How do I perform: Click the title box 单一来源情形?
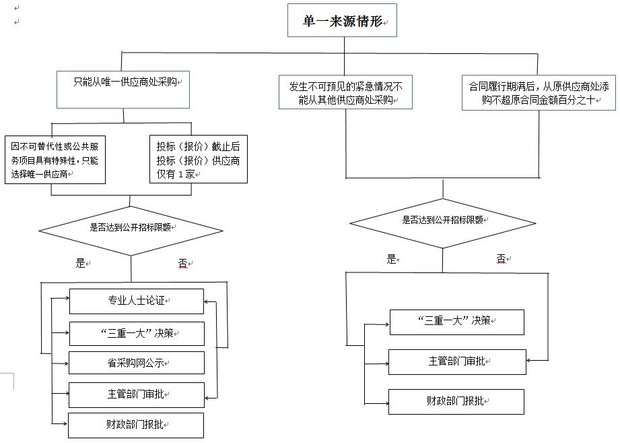[342, 20]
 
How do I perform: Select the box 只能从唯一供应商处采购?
[123, 90]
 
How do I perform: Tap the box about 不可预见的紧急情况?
[345, 92]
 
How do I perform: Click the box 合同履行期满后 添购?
[539, 92]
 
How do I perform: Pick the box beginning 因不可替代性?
[55, 160]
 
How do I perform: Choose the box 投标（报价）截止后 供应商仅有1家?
[199, 159]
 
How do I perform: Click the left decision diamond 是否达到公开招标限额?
[131, 231]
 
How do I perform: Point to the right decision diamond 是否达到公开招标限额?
[443, 223]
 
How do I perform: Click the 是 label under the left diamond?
[81, 263]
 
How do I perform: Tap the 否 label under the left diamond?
[183, 263]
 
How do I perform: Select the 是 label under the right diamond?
[391, 260]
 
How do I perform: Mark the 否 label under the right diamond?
[502, 259]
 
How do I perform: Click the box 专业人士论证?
[137, 301]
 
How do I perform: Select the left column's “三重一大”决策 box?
[137, 334]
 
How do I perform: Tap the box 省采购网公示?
[137, 363]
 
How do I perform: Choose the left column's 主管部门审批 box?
[137, 394]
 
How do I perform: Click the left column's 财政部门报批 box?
[136, 425]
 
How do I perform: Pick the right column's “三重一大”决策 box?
[457, 322]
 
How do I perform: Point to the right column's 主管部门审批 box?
[458, 362]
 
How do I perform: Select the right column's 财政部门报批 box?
[456, 402]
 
